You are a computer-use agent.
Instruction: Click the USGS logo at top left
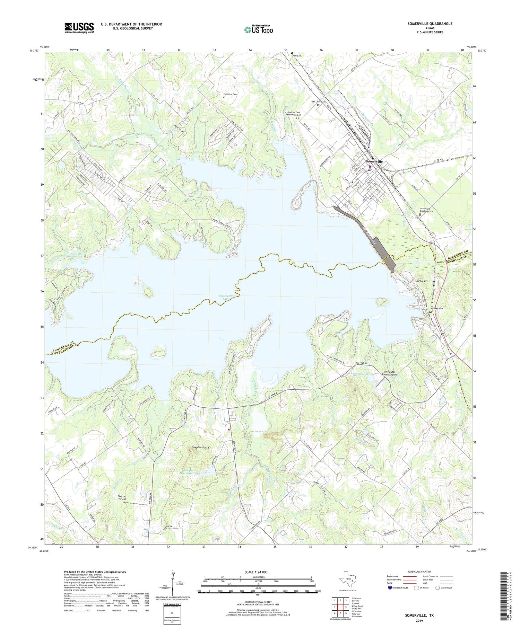(x=79, y=28)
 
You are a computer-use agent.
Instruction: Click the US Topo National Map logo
(x=258, y=29)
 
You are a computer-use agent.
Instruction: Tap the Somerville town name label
(x=374, y=162)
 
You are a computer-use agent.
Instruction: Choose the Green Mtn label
(x=422, y=281)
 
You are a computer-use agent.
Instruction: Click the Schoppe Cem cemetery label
(x=231, y=94)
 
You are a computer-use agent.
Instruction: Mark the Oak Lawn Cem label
(x=318, y=102)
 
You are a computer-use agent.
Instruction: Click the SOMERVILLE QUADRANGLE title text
(x=430, y=24)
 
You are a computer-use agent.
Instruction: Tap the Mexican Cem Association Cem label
(x=294, y=114)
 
